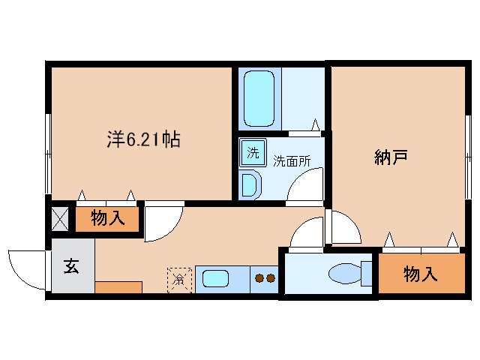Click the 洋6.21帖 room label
click(x=142, y=139)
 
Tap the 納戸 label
click(x=391, y=157)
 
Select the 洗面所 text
click(x=290, y=160)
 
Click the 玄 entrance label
click(x=70, y=265)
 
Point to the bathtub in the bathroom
click(x=259, y=97)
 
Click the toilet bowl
click(x=344, y=274)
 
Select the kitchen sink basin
click(x=214, y=278)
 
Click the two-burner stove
click(x=265, y=278)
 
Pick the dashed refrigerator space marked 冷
click(x=179, y=279)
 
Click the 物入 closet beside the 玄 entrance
click(x=108, y=219)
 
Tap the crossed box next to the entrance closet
click(x=60, y=219)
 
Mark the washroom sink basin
click(x=250, y=183)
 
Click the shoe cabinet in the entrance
click(x=118, y=287)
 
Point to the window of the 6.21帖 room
click(x=48, y=154)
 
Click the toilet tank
click(x=367, y=273)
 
